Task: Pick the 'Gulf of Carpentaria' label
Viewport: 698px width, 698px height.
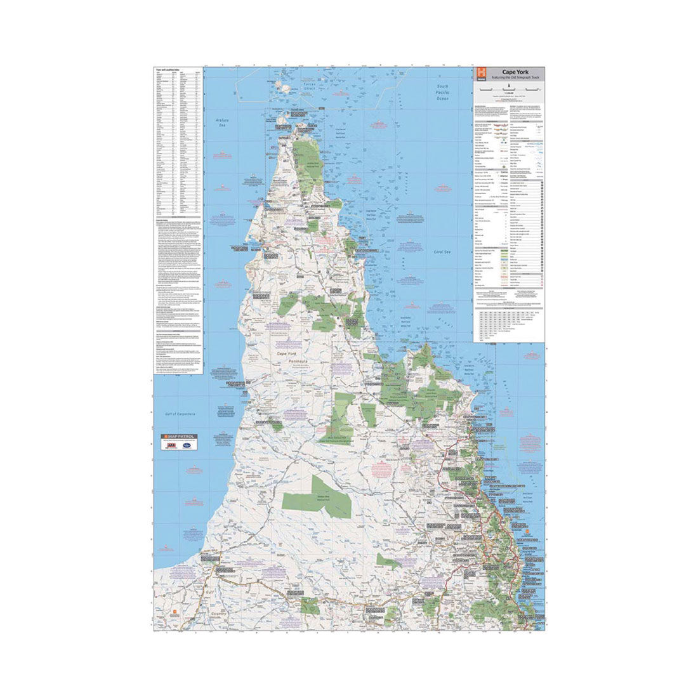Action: (x=180, y=414)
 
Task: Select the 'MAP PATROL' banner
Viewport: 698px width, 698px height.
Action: (x=181, y=437)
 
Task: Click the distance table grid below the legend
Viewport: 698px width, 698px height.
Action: (x=510, y=324)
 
